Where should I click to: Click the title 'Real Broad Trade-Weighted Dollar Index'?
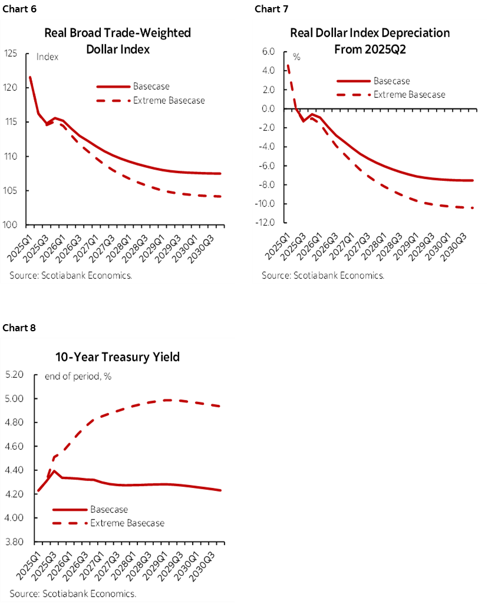(x=118, y=41)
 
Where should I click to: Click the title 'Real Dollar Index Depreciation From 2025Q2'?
(x=370, y=41)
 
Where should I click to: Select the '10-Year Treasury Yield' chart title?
(x=117, y=357)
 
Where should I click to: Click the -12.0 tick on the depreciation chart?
(x=269, y=223)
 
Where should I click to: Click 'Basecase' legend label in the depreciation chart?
(x=391, y=81)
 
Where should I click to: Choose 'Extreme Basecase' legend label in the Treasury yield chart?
(x=127, y=523)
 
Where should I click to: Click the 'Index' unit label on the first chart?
(x=47, y=57)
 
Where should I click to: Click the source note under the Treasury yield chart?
(x=72, y=593)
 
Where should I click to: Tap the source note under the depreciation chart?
(x=323, y=275)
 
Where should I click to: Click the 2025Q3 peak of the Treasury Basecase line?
(x=54, y=471)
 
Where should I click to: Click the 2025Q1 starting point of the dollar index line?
(x=30, y=77)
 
